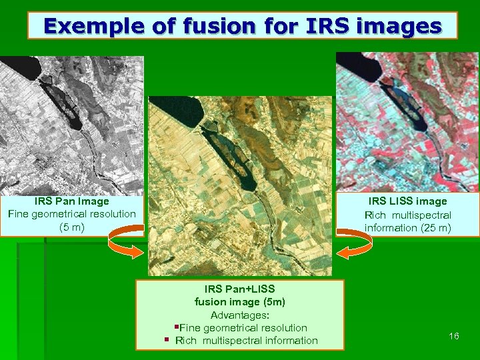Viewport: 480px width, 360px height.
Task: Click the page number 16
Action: [454, 336]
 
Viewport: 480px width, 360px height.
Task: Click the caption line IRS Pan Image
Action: [71, 201]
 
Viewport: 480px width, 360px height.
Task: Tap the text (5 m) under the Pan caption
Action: [71, 227]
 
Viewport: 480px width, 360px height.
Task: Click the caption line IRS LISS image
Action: [407, 201]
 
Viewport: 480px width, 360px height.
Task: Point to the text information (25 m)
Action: [407, 229]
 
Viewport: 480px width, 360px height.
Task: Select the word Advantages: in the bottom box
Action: [240, 315]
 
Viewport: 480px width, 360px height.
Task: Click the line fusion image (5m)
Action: [240, 301]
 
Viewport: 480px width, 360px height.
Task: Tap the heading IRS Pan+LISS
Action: [240, 289]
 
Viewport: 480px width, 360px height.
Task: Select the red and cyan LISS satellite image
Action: [407, 120]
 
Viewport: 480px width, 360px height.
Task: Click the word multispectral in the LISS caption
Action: [421, 215]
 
